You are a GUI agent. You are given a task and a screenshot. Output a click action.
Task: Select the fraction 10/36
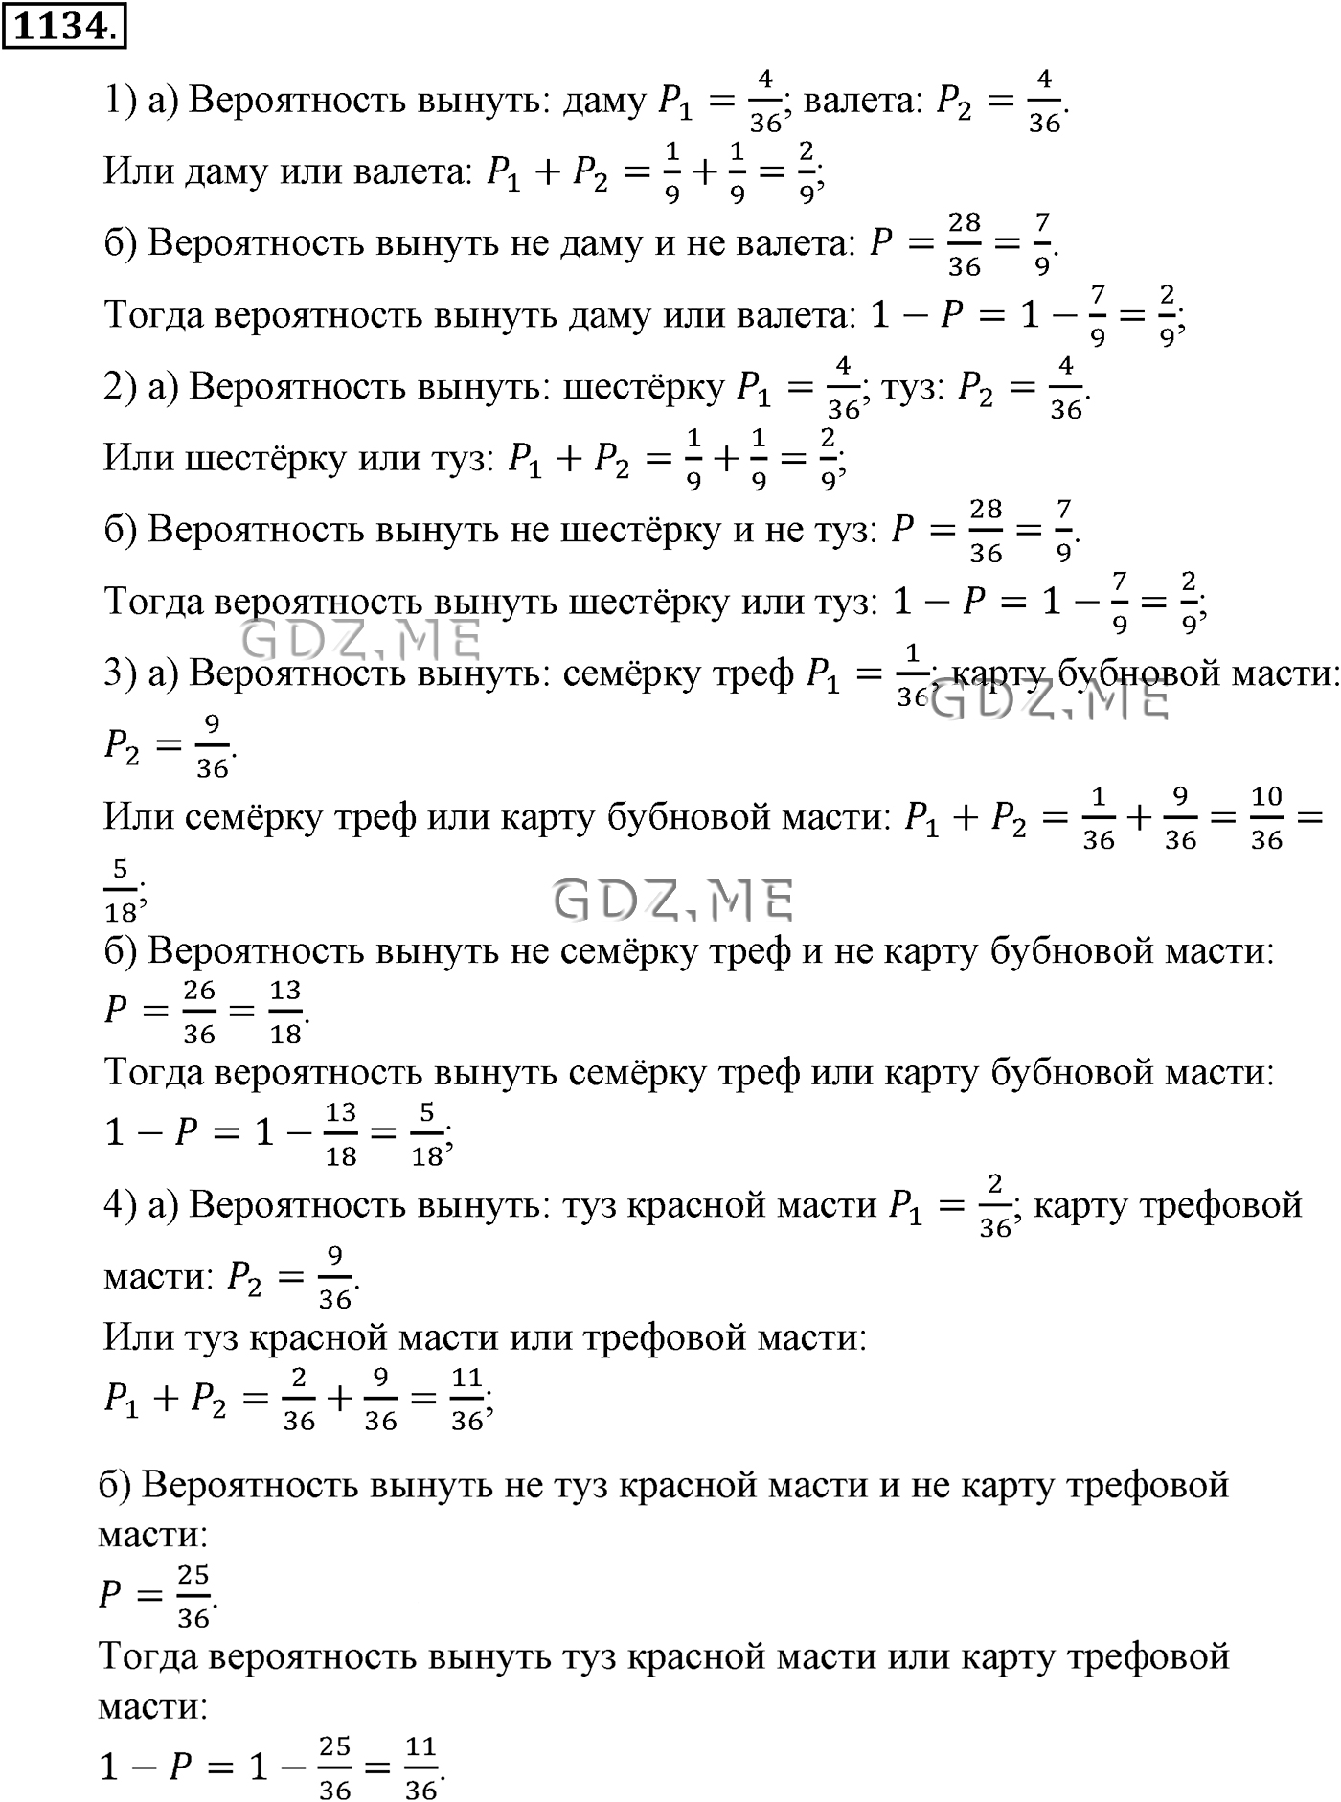(1266, 819)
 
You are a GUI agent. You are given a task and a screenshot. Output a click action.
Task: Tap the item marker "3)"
(121, 674)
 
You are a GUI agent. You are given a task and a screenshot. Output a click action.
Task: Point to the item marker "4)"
(121, 1205)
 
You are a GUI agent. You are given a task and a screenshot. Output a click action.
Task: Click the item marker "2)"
(121, 387)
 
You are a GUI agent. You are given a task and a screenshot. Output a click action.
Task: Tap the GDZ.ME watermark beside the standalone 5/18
(674, 901)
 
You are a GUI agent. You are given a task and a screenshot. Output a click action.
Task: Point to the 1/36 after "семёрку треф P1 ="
(911, 675)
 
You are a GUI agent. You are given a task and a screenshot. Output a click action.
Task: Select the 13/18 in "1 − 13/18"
(341, 1134)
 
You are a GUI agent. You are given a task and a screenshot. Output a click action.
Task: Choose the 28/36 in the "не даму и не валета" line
(964, 244)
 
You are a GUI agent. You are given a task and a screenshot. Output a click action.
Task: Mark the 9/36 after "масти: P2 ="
(334, 1277)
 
